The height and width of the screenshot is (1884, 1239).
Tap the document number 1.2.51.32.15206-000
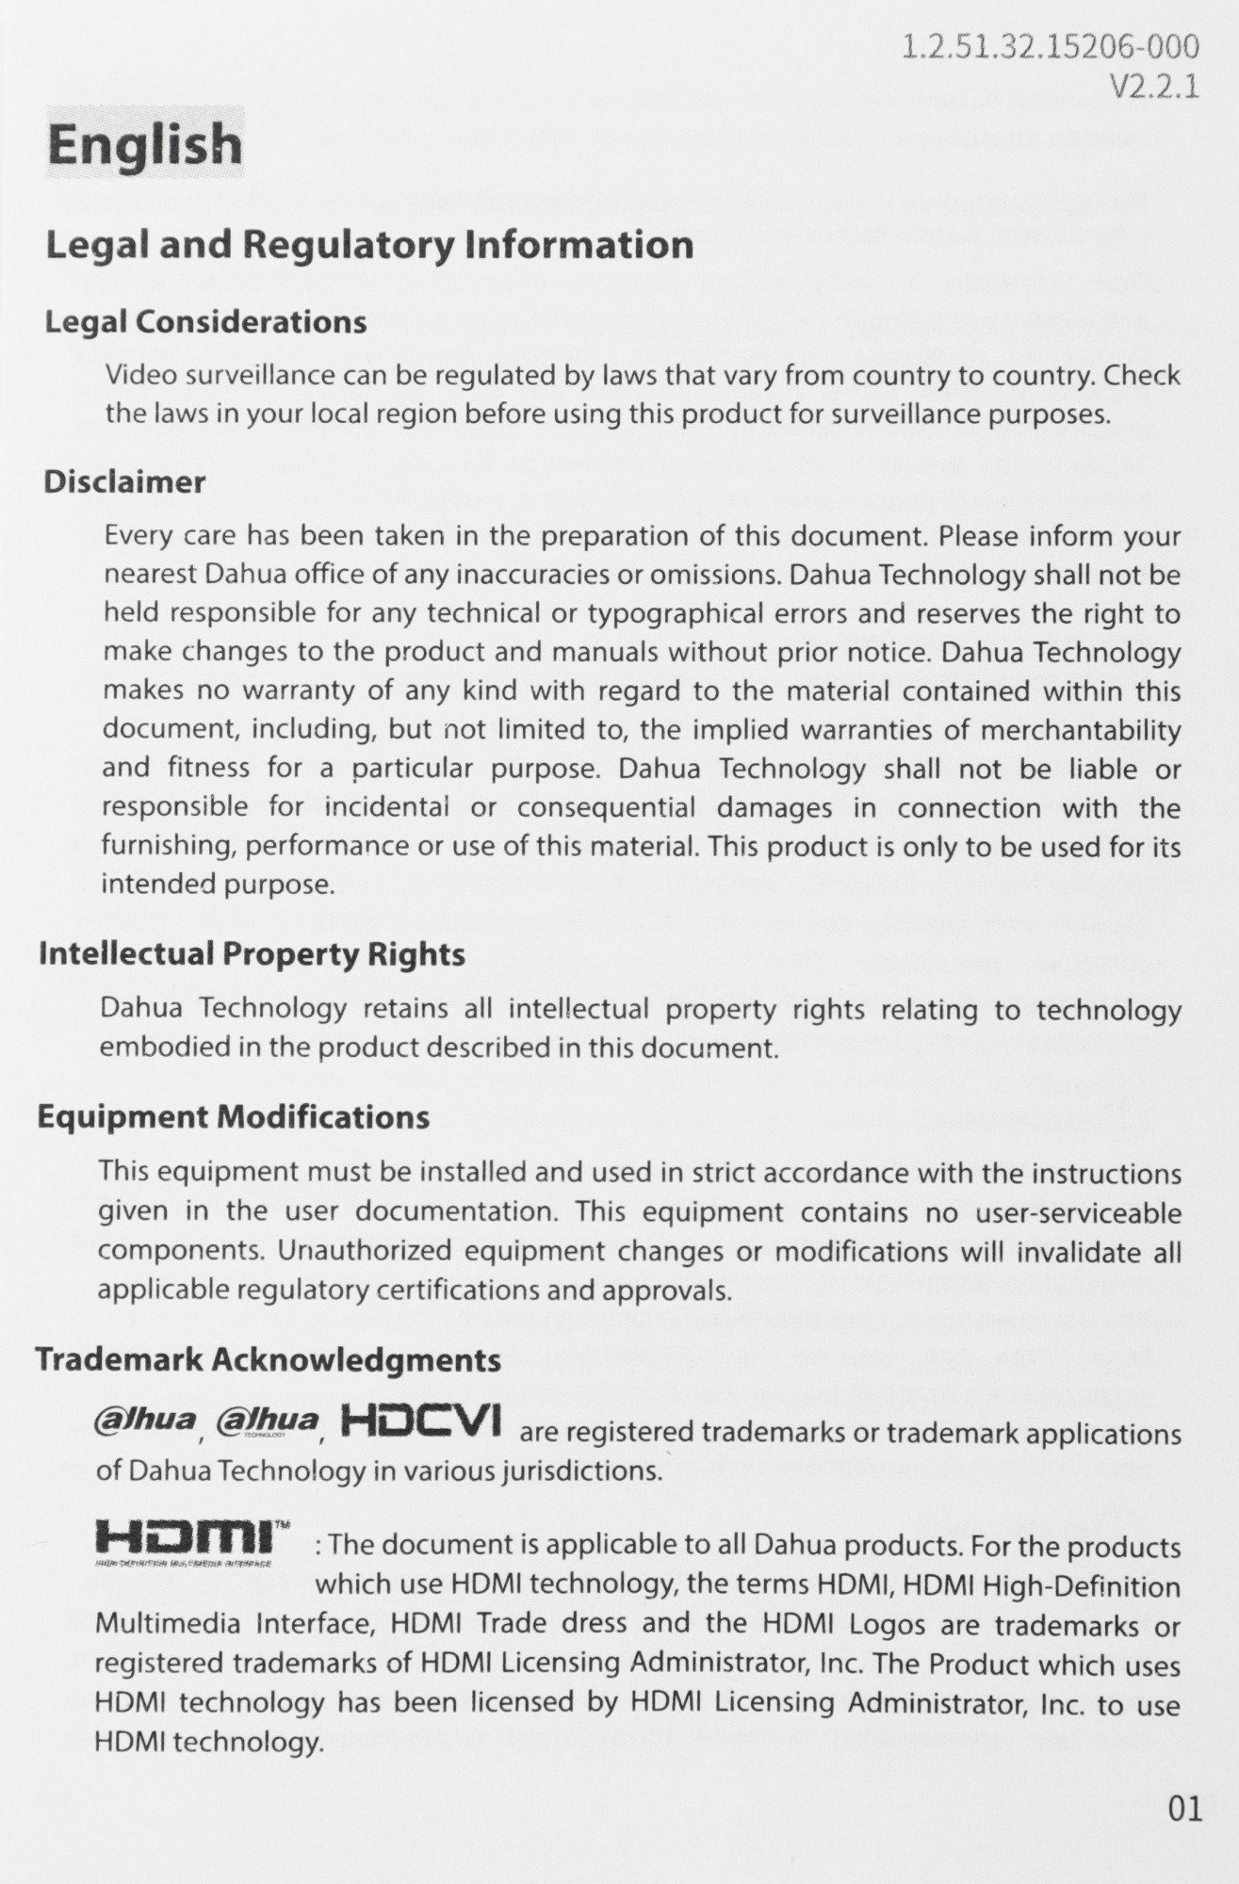[x=1051, y=46]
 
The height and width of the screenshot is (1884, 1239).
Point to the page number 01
[x=1184, y=1810]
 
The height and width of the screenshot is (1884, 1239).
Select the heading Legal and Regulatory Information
[x=369, y=245]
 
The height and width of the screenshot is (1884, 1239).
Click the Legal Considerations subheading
[x=205, y=322]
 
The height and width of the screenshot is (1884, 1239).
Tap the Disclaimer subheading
[x=124, y=482]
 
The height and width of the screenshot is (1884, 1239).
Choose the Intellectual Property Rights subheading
[x=252, y=954]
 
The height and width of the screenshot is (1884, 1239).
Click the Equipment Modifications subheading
[x=233, y=1117]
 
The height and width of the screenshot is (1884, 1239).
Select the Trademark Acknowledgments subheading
[x=268, y=1359]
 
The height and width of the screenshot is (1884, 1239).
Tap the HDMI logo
[x=187, y=1537]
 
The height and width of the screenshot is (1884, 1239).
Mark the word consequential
[x=606, y=808]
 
